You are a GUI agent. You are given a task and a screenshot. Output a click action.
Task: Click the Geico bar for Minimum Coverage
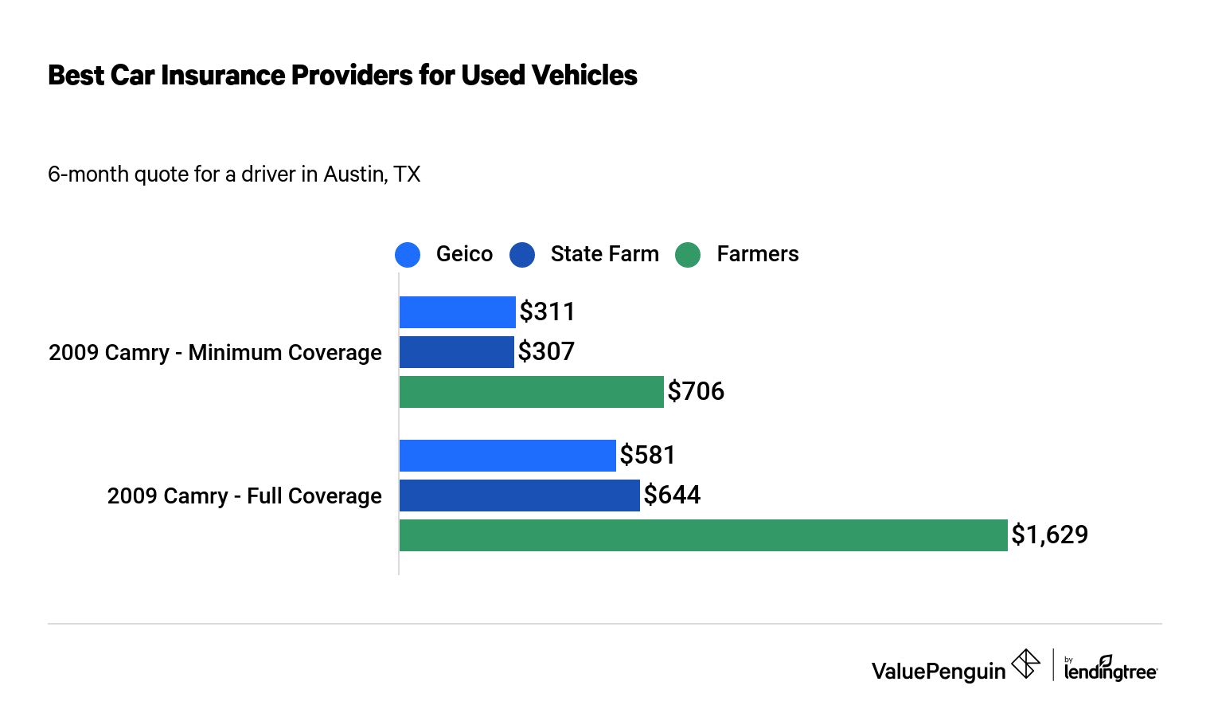(x=457, y=312)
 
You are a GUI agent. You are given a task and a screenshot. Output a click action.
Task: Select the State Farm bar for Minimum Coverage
(x=456, y=352)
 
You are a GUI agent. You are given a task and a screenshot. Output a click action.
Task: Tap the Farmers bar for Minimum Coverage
(x=531, y=392)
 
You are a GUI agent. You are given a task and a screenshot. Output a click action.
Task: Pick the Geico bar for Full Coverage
(x=507, y=456)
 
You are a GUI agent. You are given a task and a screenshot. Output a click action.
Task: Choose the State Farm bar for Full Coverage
(x=519, y=496)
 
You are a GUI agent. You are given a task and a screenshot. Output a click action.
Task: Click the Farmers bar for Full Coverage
(x=703, y=535)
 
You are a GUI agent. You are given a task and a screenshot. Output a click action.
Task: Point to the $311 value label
(x=547, y=311)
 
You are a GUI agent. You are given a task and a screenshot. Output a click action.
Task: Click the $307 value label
(x=546, y=351)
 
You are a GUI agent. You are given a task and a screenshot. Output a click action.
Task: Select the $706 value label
(x=696, y=391)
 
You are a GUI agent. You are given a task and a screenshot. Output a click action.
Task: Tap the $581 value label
(x=647, y=455)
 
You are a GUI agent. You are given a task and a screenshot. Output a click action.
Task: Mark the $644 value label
(x=672, y=495)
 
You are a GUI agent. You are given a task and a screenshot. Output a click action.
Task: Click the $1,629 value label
(x=1049, y=535)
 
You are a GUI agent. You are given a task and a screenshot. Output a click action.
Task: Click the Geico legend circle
(x=408, y=255)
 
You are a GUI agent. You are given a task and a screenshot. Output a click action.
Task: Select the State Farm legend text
(x=604, y=254)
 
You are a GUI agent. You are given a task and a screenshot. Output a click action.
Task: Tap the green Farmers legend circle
(x=688, y=255)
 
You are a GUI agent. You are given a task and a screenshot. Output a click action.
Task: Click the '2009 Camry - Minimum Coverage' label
(x=215, y=352)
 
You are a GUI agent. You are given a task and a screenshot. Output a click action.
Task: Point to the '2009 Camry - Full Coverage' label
(x=244, y=496)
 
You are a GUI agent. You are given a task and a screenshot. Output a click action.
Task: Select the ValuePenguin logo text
(x=939, y=671)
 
